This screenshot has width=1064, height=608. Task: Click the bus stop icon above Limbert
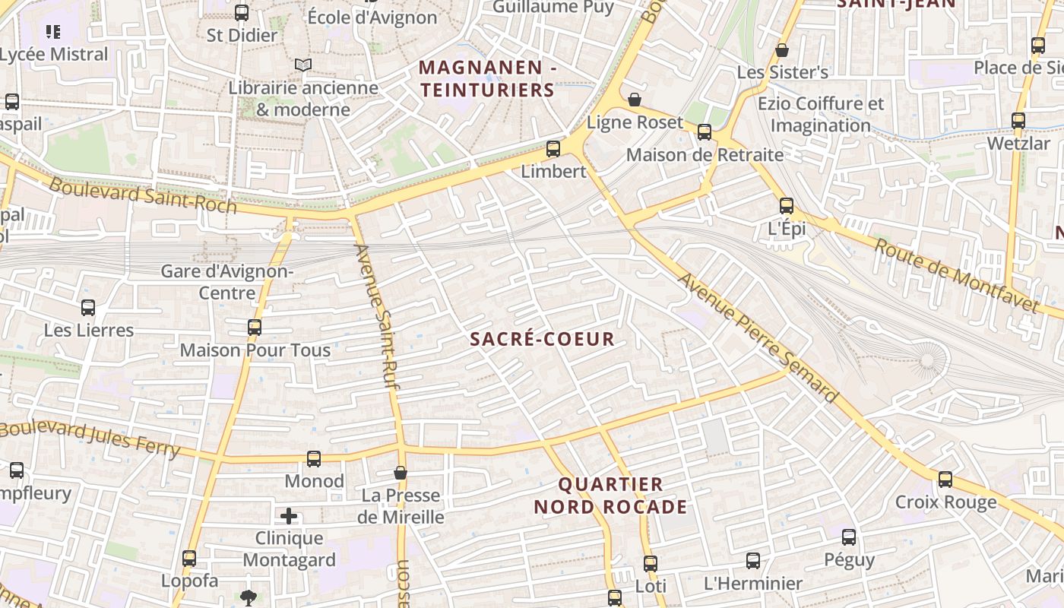click(x=553, y=149)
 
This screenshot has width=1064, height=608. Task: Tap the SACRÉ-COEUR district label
click(x=542, y=339)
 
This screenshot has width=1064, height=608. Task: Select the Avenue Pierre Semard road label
click(x=757, y=337)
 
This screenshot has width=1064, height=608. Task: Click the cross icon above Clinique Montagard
click(x=289, y=517)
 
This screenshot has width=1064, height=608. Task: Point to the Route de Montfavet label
click(x=955, y=275)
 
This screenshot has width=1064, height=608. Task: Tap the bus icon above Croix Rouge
click(x=945, y=480)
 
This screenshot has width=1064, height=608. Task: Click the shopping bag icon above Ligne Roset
click(x=635, y=100)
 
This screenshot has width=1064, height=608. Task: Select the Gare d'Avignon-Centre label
click(x=227, y=282)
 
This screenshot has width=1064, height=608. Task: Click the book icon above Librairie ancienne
click(x=303, y=65)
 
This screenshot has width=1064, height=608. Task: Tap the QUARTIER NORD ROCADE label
click(x=610, y=496)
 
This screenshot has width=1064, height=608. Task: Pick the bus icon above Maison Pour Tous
click(x=255, y=328)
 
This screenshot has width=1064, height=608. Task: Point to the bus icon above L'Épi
click(x=787, y=206)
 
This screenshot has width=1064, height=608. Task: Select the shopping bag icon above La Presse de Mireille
click(x=401, y=473)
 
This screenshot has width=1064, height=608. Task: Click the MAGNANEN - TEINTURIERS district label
click(x=487, y=78)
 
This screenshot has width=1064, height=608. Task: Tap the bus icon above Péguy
click(x=849, y=537)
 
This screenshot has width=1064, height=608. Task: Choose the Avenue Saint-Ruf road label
click(x=377, y=317)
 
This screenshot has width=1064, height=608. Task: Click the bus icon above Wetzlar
click(x=1018, y=121)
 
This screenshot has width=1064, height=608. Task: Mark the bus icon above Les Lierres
click(x=88, y=308)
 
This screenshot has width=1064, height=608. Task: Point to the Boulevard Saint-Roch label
click(x=143, y=195)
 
